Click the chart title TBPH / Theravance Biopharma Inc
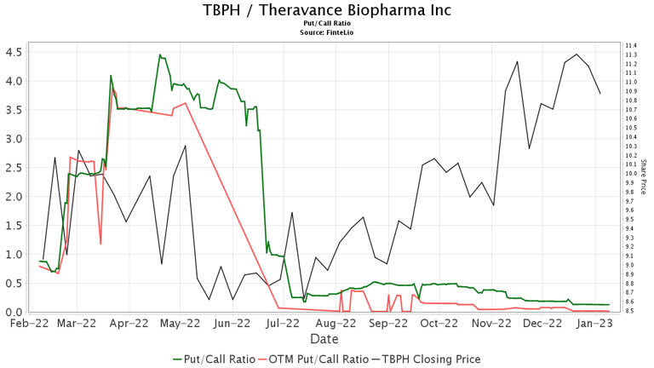point(327,10)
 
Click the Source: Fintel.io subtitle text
point(327,32)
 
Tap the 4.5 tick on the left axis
point(14,51)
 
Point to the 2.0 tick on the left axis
point(14,196)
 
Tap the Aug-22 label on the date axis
point(336,324)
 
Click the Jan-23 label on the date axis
point(595,324)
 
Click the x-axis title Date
point(324,339)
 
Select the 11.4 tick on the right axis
point(631,45)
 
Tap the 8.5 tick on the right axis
point(631,311)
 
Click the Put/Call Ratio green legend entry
point(215,359)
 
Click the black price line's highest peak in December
point(577,55)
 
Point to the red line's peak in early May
point(185,103)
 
